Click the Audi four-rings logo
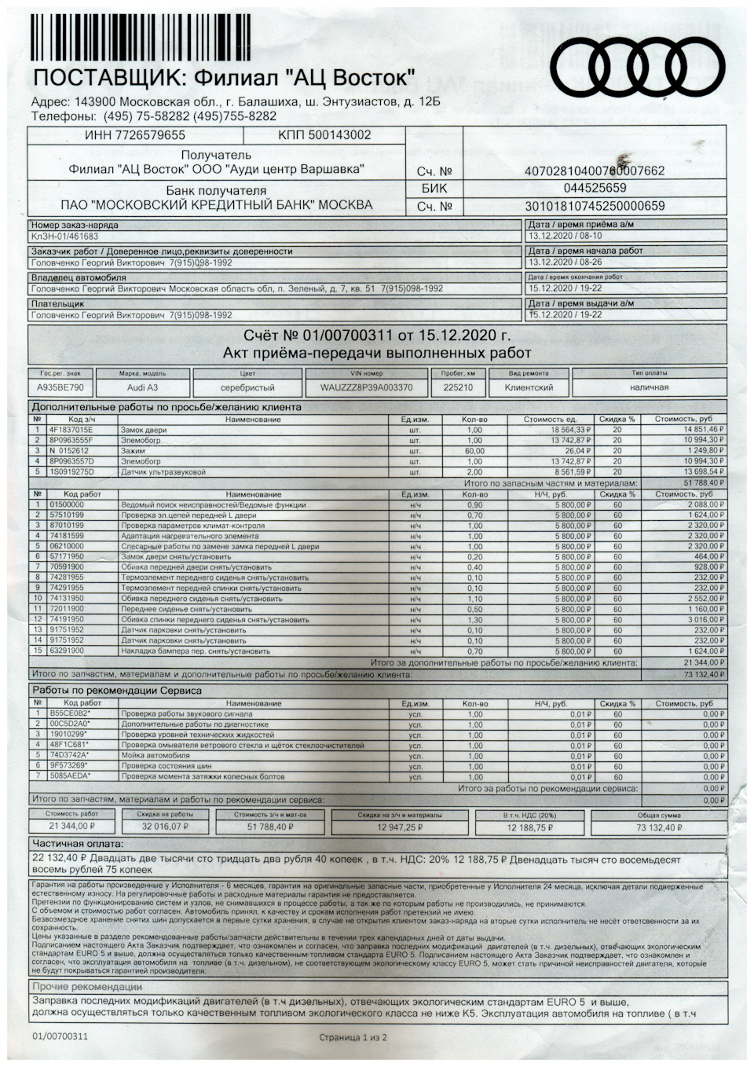point(637,66)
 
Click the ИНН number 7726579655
point(134,135)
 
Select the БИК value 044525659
point(595,188)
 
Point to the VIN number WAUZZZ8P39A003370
point(366,387)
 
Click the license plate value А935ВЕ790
point(60,387)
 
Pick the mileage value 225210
point(458,387)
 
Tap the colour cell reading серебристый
point(247,387)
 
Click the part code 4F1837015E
point(71,430)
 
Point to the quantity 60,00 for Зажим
point(474,451)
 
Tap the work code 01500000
point(67,504)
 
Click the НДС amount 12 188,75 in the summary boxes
point(529,827)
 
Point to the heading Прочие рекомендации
point(87,987)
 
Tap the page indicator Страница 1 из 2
point(353,1037)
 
